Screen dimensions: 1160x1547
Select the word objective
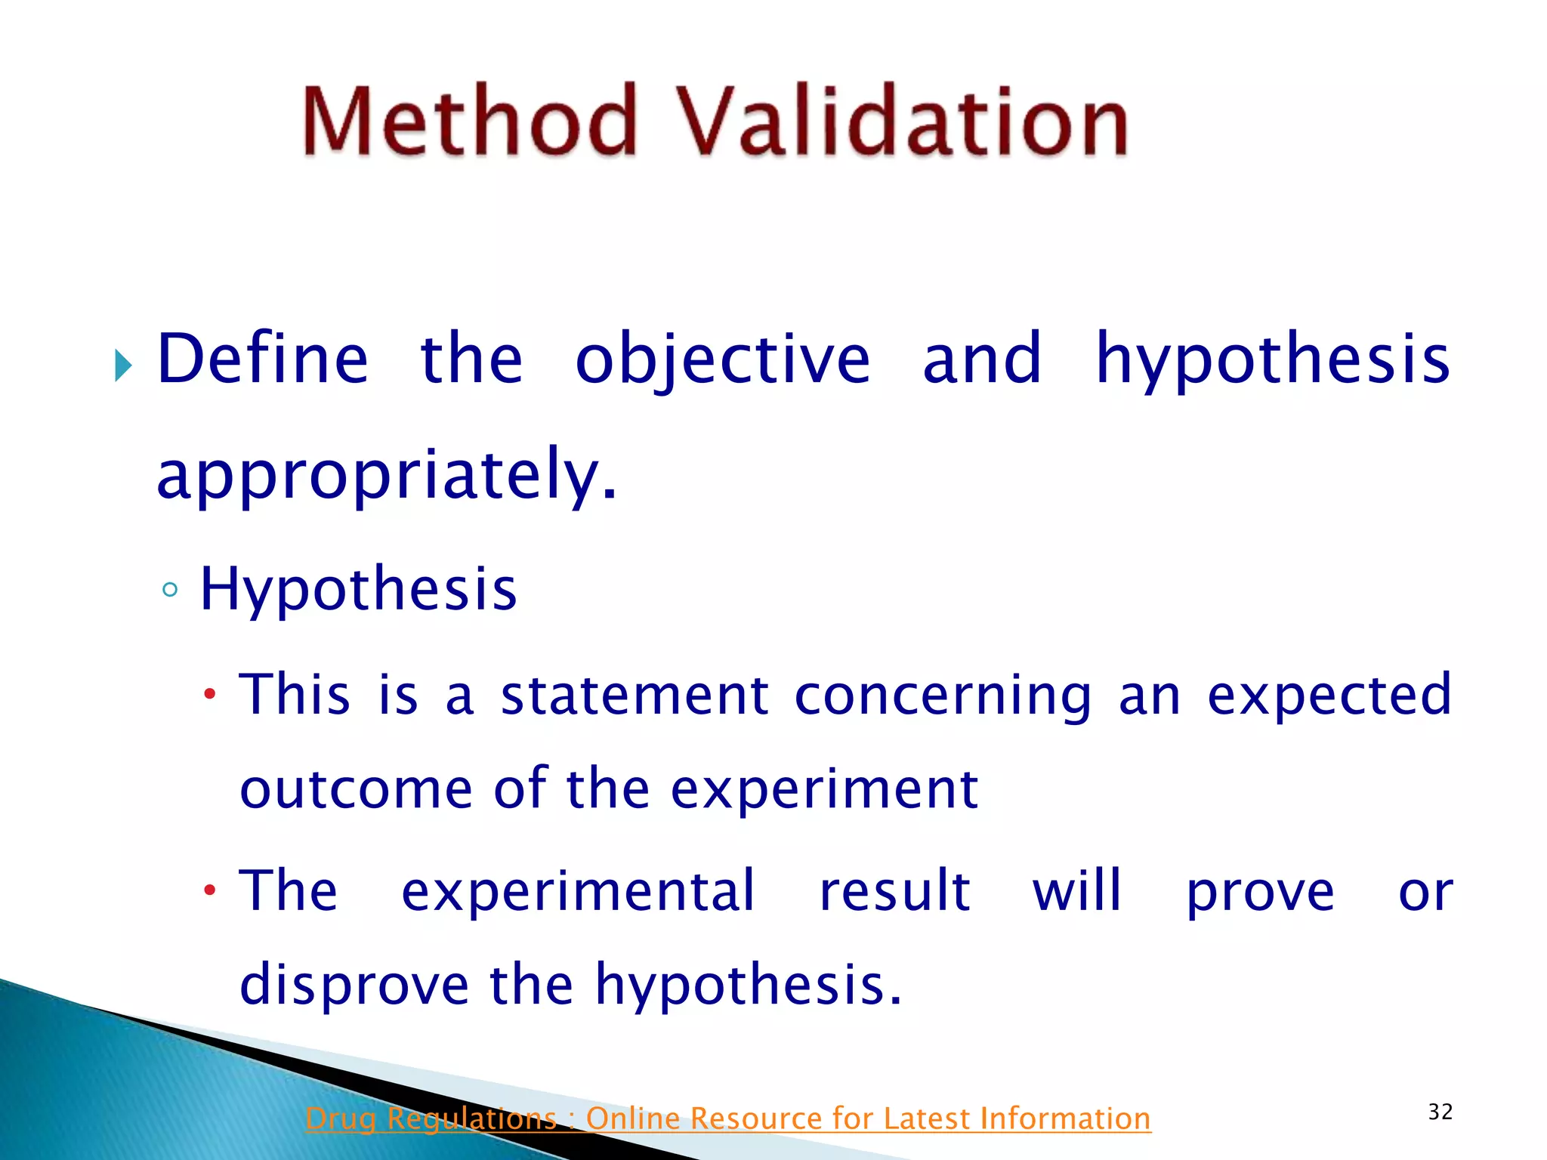tap(722, 359)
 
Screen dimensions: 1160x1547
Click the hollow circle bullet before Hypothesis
tap(170, 590)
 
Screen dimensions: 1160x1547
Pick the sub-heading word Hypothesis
tap(358, 589)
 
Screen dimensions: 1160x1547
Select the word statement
tap(635, 695)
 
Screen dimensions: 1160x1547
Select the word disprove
tap(354, 986)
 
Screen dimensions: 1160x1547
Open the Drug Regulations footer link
tap(727, 1118)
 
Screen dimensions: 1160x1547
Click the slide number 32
tap(1440, 1112)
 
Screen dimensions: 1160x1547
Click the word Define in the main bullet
tap(262, 359)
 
